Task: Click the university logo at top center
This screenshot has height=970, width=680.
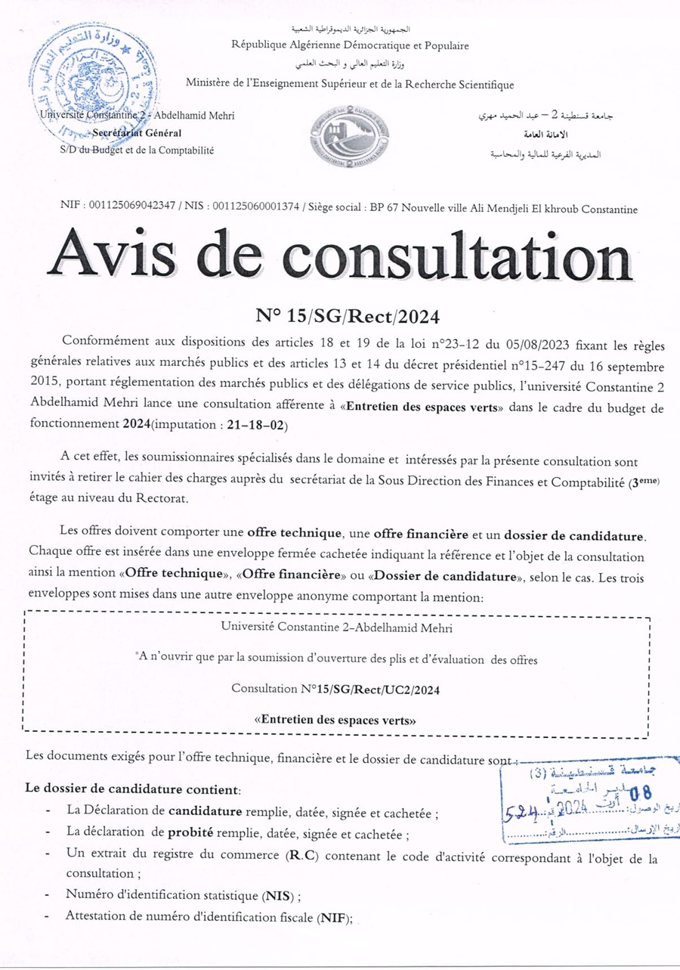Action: [351, 137]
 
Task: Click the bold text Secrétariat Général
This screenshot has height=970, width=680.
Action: [136, 133]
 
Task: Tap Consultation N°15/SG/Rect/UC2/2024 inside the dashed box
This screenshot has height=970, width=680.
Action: [335, 690]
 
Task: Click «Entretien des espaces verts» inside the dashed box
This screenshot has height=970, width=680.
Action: [335, 720]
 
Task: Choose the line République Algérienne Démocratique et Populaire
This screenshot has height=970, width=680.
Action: [351, 45]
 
